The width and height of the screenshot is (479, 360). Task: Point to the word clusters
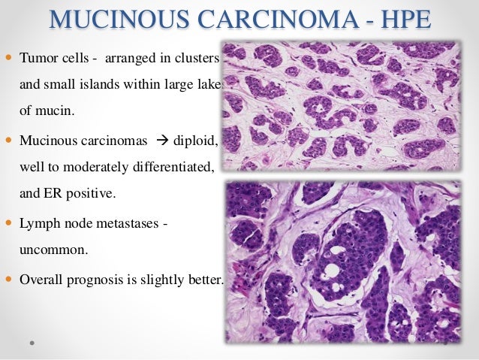pyautogui.click(x=197, y=58)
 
